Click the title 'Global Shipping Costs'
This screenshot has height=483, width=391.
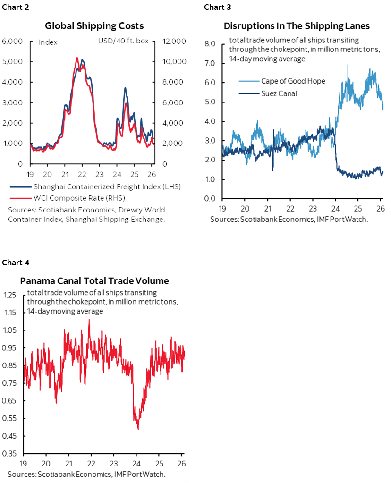[x=94, y=25]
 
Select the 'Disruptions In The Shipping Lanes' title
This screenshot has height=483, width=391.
[x=297, y=25]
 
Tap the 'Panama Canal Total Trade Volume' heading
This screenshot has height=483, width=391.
[x=94, y=280]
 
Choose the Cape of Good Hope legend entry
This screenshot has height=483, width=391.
[x=293, y=81]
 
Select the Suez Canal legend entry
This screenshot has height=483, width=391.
[x=279, y=93]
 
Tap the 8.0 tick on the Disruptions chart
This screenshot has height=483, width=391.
[x=210, y=44]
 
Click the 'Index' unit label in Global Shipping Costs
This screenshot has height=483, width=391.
[x=48, y=42]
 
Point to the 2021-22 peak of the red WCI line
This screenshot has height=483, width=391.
[x=77, y=58]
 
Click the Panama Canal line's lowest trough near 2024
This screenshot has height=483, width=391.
[x=137, y=429]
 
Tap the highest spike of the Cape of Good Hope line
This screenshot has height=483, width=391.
[x=348, y=65]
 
